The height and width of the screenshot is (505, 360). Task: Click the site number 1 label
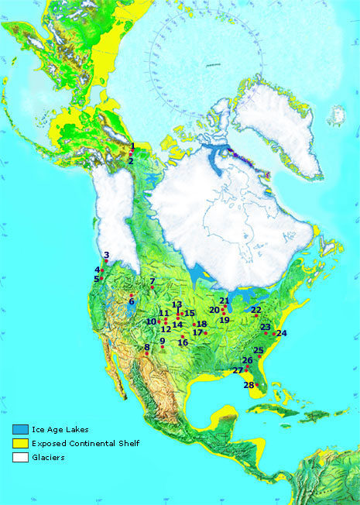click(132, 146)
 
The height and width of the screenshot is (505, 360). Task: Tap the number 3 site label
click(106, 256)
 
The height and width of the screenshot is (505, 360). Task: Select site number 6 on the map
click(132, 301)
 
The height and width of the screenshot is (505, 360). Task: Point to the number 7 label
click(153, 281)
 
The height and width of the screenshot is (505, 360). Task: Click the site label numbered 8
click(146, 347)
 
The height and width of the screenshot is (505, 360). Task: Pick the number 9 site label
click(163, 341)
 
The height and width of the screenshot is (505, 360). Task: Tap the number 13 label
click(177, 304)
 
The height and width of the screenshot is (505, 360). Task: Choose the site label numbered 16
click(183, 342)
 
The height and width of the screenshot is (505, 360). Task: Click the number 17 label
click(197, 332)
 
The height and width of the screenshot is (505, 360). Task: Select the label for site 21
click(224, 301)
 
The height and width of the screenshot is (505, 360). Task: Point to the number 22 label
click(255, 310)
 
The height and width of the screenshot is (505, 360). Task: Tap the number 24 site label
click(282, 333)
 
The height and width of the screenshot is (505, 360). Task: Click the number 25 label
click(259, 350)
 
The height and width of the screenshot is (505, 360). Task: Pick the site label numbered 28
click(249, 385)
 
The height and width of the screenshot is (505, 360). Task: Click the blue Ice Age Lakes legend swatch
click(21, 429)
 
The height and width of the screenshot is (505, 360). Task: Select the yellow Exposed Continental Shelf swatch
click(21, 443)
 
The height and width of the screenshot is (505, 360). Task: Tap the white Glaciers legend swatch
click(21, 457)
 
